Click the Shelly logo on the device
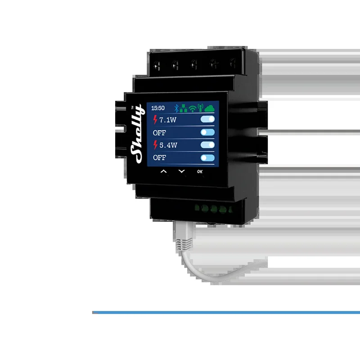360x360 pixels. pos(137,134)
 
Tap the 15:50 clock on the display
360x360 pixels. pos(158,108)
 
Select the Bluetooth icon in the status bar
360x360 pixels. pos(176,108)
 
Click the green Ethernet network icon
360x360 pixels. pos(183,108)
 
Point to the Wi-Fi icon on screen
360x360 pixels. pos(193,108)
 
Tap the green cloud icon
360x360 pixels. pos(209,108)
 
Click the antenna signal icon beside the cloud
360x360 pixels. pos(200,108)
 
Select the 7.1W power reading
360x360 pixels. pos(168,120)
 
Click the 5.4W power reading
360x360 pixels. pos(168,145)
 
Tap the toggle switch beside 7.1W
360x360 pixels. pos(207,119)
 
